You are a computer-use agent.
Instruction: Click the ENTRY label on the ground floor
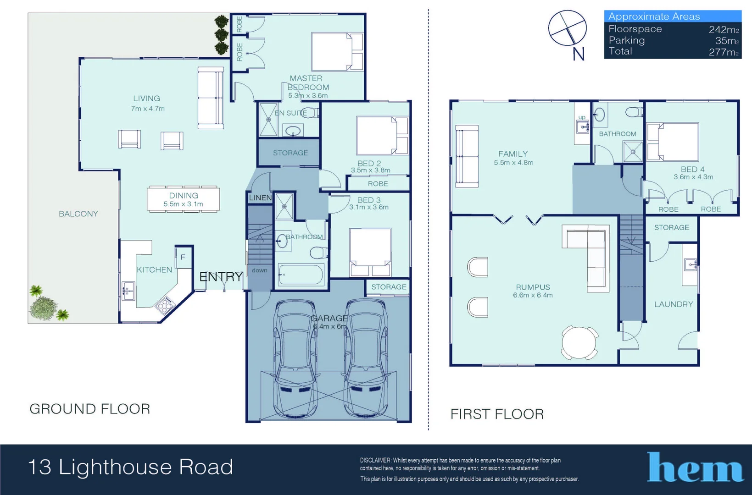click(x=221, y=276)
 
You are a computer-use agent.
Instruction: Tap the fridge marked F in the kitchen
click(x=183, y=257)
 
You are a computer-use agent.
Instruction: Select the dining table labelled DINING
click(x=183, y=199)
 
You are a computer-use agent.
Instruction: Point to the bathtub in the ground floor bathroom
click(x=301, y=275)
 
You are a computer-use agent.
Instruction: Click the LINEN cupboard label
click(x=260, y=198)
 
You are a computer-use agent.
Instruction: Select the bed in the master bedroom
click(x=337, y=51)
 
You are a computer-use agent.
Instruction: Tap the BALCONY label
click(x=78, y=214)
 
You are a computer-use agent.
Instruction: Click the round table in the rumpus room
click(x=579, y=342)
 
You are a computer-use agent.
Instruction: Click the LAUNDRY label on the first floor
click(x=673, y=304)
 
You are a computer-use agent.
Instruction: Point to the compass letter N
click(x=579, y=54)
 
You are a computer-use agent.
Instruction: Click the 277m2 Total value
click(x=723, y=52)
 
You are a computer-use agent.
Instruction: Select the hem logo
click(x=695, y=467)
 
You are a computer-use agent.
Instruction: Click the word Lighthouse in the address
click(x=115, y=467)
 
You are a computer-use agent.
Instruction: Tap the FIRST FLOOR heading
click(x=497, y=414)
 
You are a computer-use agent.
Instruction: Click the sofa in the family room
click(x=467, y=156)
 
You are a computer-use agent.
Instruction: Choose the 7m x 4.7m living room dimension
click(x=148, y=109)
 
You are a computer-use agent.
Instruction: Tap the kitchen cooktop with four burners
click(x=164, y=304)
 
